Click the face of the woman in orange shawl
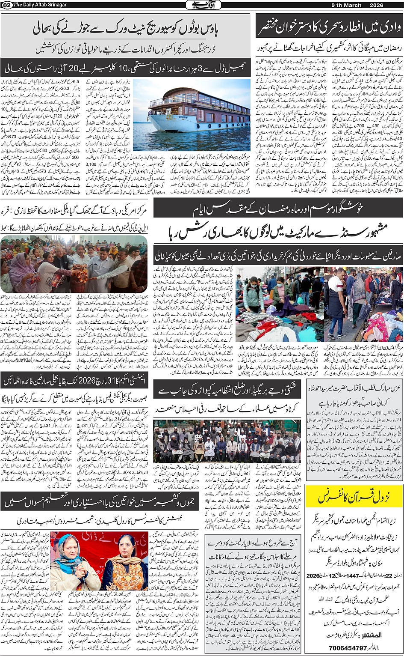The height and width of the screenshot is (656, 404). coord(126,552)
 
